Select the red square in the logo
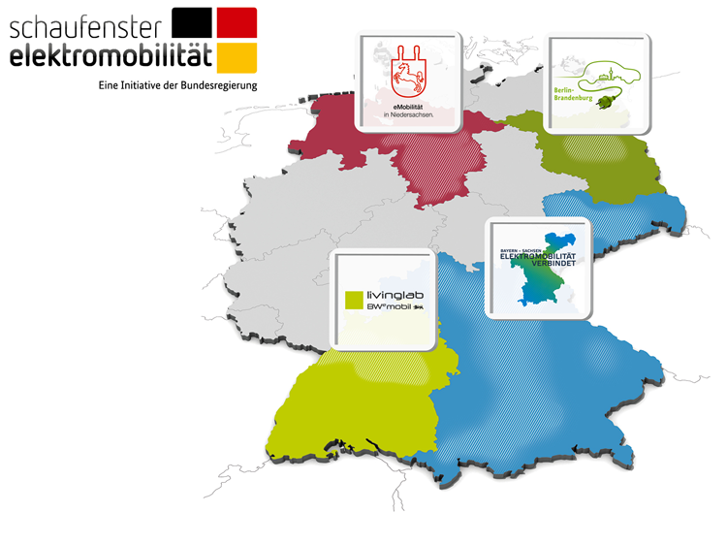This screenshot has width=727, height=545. [x=237, y=22]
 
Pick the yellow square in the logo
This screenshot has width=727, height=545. [x=237, y=57]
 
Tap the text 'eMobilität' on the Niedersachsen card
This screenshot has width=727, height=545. [x=405, y=105]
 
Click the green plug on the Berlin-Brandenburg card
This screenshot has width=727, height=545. [x=614, y=99]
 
